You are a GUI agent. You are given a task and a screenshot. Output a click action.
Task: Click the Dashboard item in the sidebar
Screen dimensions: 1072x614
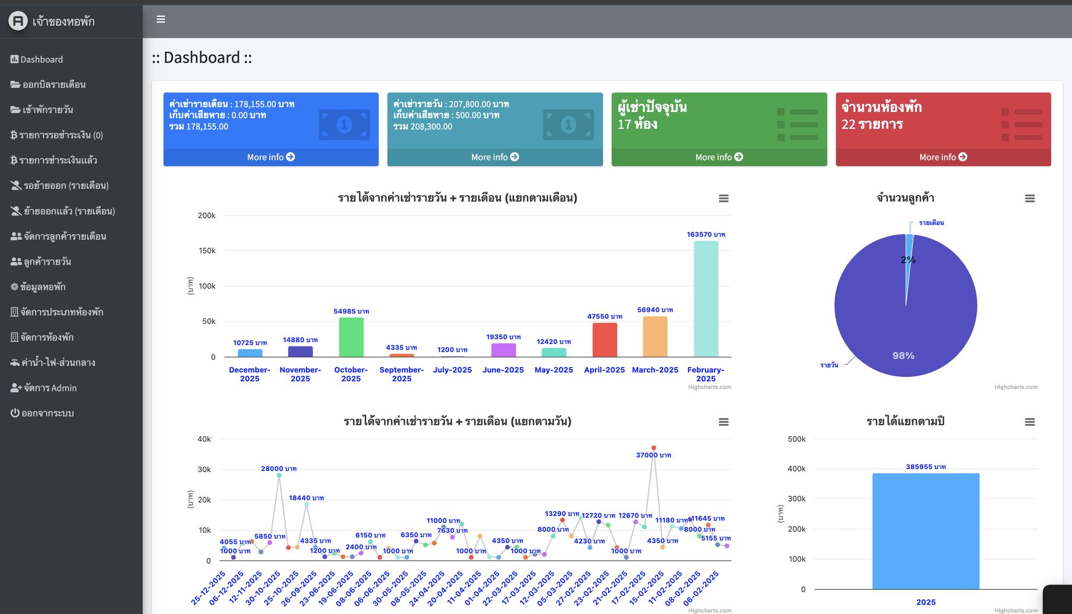(37, 60)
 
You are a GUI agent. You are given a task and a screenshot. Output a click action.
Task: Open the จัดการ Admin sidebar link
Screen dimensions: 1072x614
(43, 388)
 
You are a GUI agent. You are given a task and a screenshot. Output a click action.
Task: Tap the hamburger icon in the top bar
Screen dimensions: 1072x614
(161, 19)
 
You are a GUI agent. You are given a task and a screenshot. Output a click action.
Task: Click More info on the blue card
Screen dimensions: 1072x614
(271, 157)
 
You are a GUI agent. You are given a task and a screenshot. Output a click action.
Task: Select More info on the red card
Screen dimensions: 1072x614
(943, 157)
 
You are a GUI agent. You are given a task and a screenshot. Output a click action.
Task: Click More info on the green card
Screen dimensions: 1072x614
(719, 157)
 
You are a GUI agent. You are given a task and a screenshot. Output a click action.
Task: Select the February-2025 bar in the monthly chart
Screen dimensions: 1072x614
(706, 299)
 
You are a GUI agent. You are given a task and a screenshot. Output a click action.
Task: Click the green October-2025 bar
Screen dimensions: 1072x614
(351, 337)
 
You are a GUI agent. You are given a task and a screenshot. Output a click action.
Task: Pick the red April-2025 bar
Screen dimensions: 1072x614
(605, 340)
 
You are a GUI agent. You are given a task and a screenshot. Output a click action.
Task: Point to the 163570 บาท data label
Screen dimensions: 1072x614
(706, 235)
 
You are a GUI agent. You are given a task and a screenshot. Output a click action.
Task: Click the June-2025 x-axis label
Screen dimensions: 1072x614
(503, 370)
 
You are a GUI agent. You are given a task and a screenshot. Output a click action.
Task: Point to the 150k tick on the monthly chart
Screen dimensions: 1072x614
(207, 251)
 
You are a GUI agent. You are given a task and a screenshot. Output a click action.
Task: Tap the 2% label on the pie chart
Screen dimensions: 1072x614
(908, 260)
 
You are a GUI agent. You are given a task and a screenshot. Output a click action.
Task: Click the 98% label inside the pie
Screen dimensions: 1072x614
(903, 356)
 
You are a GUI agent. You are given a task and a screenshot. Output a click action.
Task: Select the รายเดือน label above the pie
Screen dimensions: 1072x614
(931, 222)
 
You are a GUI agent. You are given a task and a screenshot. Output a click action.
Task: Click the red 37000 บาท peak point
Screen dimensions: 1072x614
(654, 448)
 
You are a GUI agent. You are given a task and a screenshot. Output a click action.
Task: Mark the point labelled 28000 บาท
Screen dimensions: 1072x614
(279, 475)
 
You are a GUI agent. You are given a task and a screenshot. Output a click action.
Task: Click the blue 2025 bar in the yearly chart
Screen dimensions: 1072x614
(926, 531)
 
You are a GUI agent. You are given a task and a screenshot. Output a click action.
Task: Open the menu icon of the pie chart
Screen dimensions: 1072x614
(1030, 198)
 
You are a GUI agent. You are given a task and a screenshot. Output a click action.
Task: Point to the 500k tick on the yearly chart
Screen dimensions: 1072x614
(797, 439)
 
